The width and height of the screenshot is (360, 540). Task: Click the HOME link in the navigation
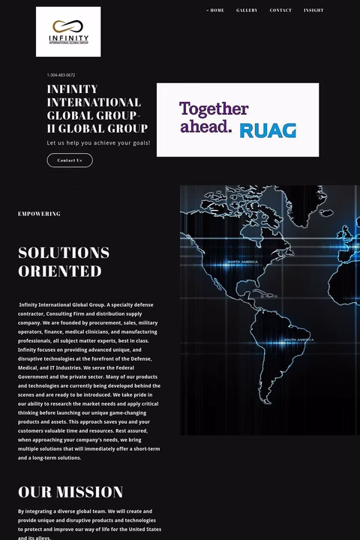pos(217,10)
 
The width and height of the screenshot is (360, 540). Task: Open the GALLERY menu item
pos(247,10)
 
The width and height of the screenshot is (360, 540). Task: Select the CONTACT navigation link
pos(280,10)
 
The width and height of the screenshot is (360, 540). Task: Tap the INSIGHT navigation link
pos(313,10)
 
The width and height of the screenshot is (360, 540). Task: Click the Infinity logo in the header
pos(68,31)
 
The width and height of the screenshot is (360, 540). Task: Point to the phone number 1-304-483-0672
pos(61,75)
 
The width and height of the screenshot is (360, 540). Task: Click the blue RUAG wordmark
pos(268,130)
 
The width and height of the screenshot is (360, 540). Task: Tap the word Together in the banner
pos(214,109)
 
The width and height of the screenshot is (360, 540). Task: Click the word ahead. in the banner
pos(205,127)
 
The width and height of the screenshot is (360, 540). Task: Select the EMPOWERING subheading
pos(39,214)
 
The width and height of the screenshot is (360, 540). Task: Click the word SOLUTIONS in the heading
pos(64,253)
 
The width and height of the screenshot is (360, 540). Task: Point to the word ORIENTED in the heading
pos(59,271)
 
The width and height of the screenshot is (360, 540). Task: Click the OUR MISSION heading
pos(70,492)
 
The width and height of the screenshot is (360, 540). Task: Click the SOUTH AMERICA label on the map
pos(295,340)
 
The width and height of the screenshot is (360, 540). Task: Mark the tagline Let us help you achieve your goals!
pos(98,142)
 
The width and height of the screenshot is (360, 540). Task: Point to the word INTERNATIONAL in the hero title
pos(94,102)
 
